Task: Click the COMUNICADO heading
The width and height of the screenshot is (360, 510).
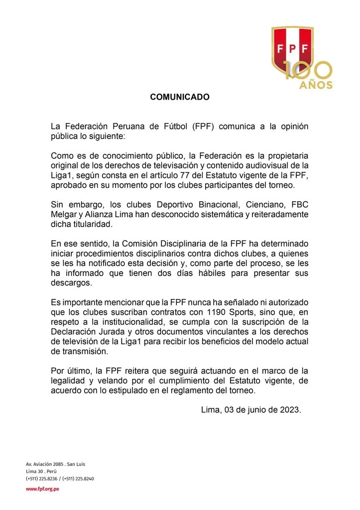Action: [180, 98]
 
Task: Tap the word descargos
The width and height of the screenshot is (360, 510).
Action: [71, 282]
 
